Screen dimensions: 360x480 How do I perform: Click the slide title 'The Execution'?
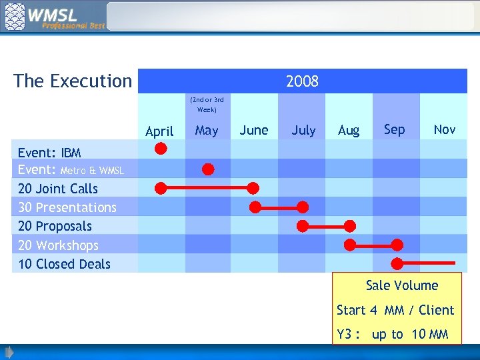[73, 81]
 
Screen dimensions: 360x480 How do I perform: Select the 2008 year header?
[302, 81]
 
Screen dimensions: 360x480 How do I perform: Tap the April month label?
[159, 131]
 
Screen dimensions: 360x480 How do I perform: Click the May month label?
[207, 131]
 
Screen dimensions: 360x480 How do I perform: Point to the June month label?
[254, 130]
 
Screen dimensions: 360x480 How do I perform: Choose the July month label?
[303, 130]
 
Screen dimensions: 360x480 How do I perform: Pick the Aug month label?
[349, 131]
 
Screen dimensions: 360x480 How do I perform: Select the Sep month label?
[394, 129]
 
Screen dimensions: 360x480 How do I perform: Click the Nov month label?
[445, 129]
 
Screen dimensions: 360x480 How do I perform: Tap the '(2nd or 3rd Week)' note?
[207, 105]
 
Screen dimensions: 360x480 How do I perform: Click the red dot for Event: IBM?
[161, 149]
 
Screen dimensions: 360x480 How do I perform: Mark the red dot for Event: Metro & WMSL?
[208, 169]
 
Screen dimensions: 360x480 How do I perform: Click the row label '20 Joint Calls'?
[58, 189]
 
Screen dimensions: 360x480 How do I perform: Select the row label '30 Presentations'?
[67, 207]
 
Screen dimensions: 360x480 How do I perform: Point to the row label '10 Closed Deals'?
[64, 264]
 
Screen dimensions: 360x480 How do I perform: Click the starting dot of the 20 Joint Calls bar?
[161, 188]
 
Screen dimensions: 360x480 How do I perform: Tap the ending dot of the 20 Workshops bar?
[397, 245]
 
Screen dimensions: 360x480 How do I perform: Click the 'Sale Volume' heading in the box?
[402, 285]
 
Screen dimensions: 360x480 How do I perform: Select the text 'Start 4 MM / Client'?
[395, 310]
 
